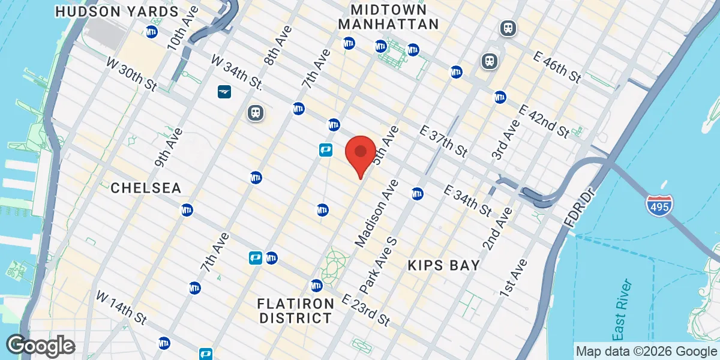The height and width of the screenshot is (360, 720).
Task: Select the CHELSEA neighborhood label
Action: click(146, 188)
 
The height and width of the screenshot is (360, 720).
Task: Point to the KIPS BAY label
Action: click(443, 265)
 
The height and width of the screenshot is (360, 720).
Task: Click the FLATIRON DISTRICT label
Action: click(296, 309)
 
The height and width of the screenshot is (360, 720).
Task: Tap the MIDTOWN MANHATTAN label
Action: click(388, 17)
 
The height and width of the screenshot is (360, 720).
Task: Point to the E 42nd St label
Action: click(544, 121)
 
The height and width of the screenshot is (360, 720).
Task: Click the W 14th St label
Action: click(122, 307)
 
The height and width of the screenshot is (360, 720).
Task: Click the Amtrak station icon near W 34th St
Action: click(224, 92)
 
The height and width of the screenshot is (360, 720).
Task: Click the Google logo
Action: click(41, 346)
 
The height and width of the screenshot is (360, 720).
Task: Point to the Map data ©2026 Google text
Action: click(645, 351)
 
